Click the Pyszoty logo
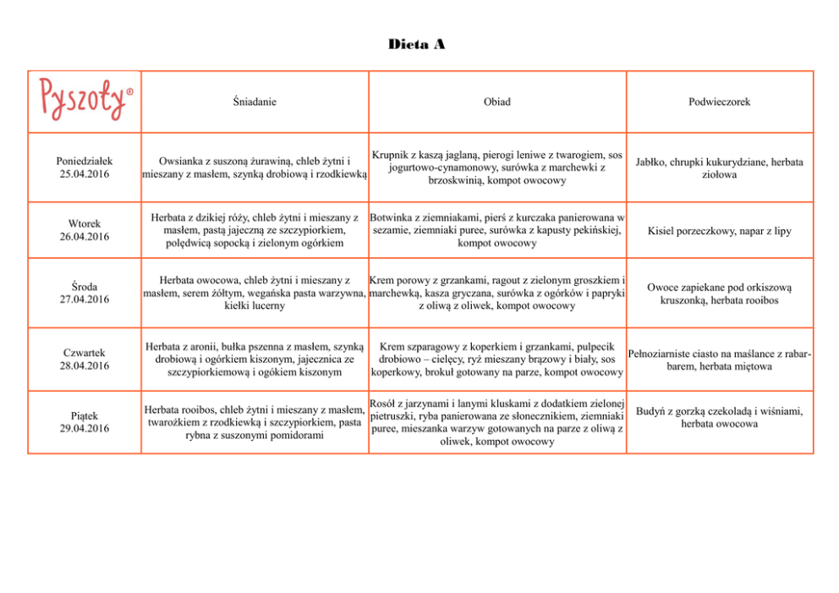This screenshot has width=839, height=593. pyautogui.click(x=85, y=100)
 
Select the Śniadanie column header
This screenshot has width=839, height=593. pyautogui.click(x=254, y=102)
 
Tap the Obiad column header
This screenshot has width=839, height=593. pyautogui.click(x=496, y=102)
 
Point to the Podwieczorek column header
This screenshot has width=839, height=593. pyautogui.click(x=719, y=102)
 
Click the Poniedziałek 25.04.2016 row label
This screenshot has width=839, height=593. pyautogui.click(x=85, y=167)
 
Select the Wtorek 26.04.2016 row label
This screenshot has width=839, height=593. pyautogui.click(x=85, y=230)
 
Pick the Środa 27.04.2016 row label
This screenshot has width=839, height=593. pyautogui.click(x=85, y=293)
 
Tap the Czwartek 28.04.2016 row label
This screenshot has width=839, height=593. pyautogui.click(x=85, y=359)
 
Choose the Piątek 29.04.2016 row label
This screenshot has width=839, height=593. pyautogui.click(x=85, y=422)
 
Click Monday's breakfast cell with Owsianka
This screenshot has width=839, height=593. pyautogui.click(x=254, y=167)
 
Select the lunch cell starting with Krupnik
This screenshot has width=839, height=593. pyautogui.click(x=496, y=167)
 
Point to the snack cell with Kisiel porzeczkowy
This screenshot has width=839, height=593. pyautogui.click(x=719, y=231)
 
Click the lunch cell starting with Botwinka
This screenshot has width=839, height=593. pyautogui.click(x=496, y=230)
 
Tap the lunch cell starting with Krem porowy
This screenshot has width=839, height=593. pyautogui.click(x=496, y=293)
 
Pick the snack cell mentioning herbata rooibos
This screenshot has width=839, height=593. pyautogui.click(x=719, y=294)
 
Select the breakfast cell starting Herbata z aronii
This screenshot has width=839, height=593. pyautogui.click(x=254, y=359)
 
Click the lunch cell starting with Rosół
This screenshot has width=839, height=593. pyautogui.click(x=496, y=422)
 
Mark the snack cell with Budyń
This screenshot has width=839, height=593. pyautogui.click(x=719, y=417)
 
